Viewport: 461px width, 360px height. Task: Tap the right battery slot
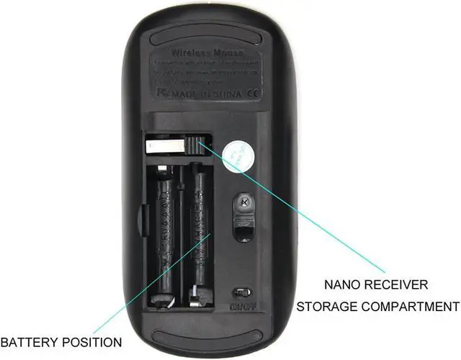point(200,230)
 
